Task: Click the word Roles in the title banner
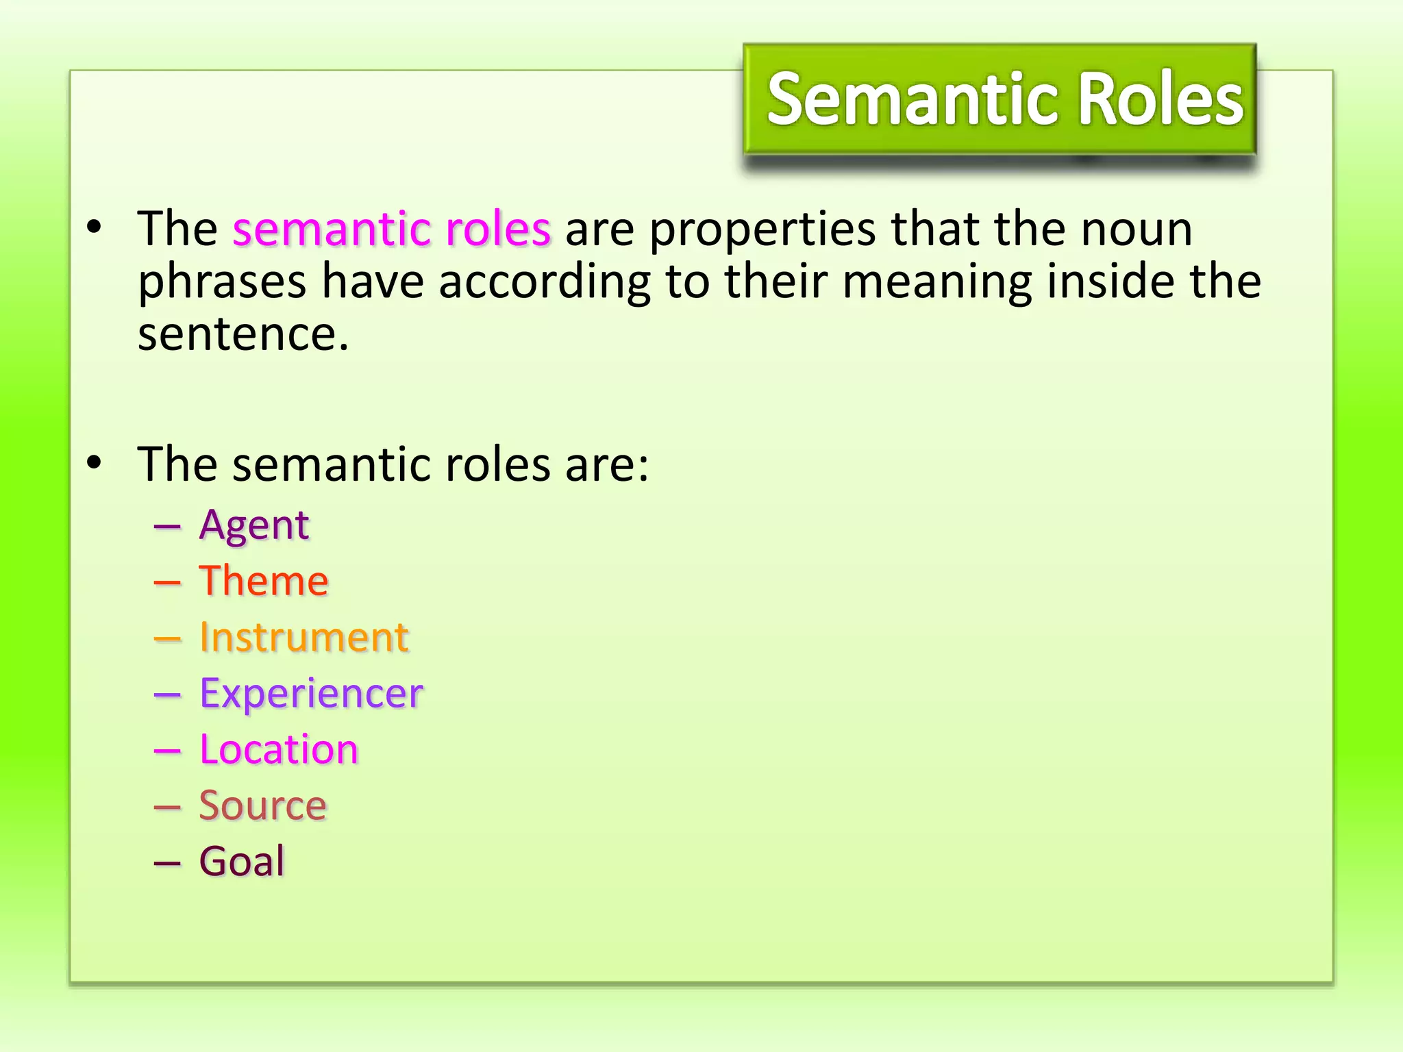pyautogui.click(x=1160, y=100)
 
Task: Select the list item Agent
pyautogui.click(x=254, y=526)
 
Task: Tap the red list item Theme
pyautogui.click(x=264, y=581)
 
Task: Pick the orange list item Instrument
pyautogui.click(x=304, y=638)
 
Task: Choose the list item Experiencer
pyautogui.click(x=311, y=694)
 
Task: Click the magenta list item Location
pyautogui.click(x=279, y=749)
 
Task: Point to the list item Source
pyautogui.click(x=263, y=805)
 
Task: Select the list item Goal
pyautogui.click(x=242, y=861)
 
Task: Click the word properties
pyautogui.click(x=762, y=230)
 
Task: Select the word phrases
pyautogui.click(x=222, y=282)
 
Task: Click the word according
pyautogui.click(x=545, y=282)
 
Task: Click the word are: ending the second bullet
pyautogui.click(x=606, y=464)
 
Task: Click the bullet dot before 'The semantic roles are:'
pyautogui.click(x=95, y=463)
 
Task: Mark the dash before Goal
pyautogui.click(x=167, y=862)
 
